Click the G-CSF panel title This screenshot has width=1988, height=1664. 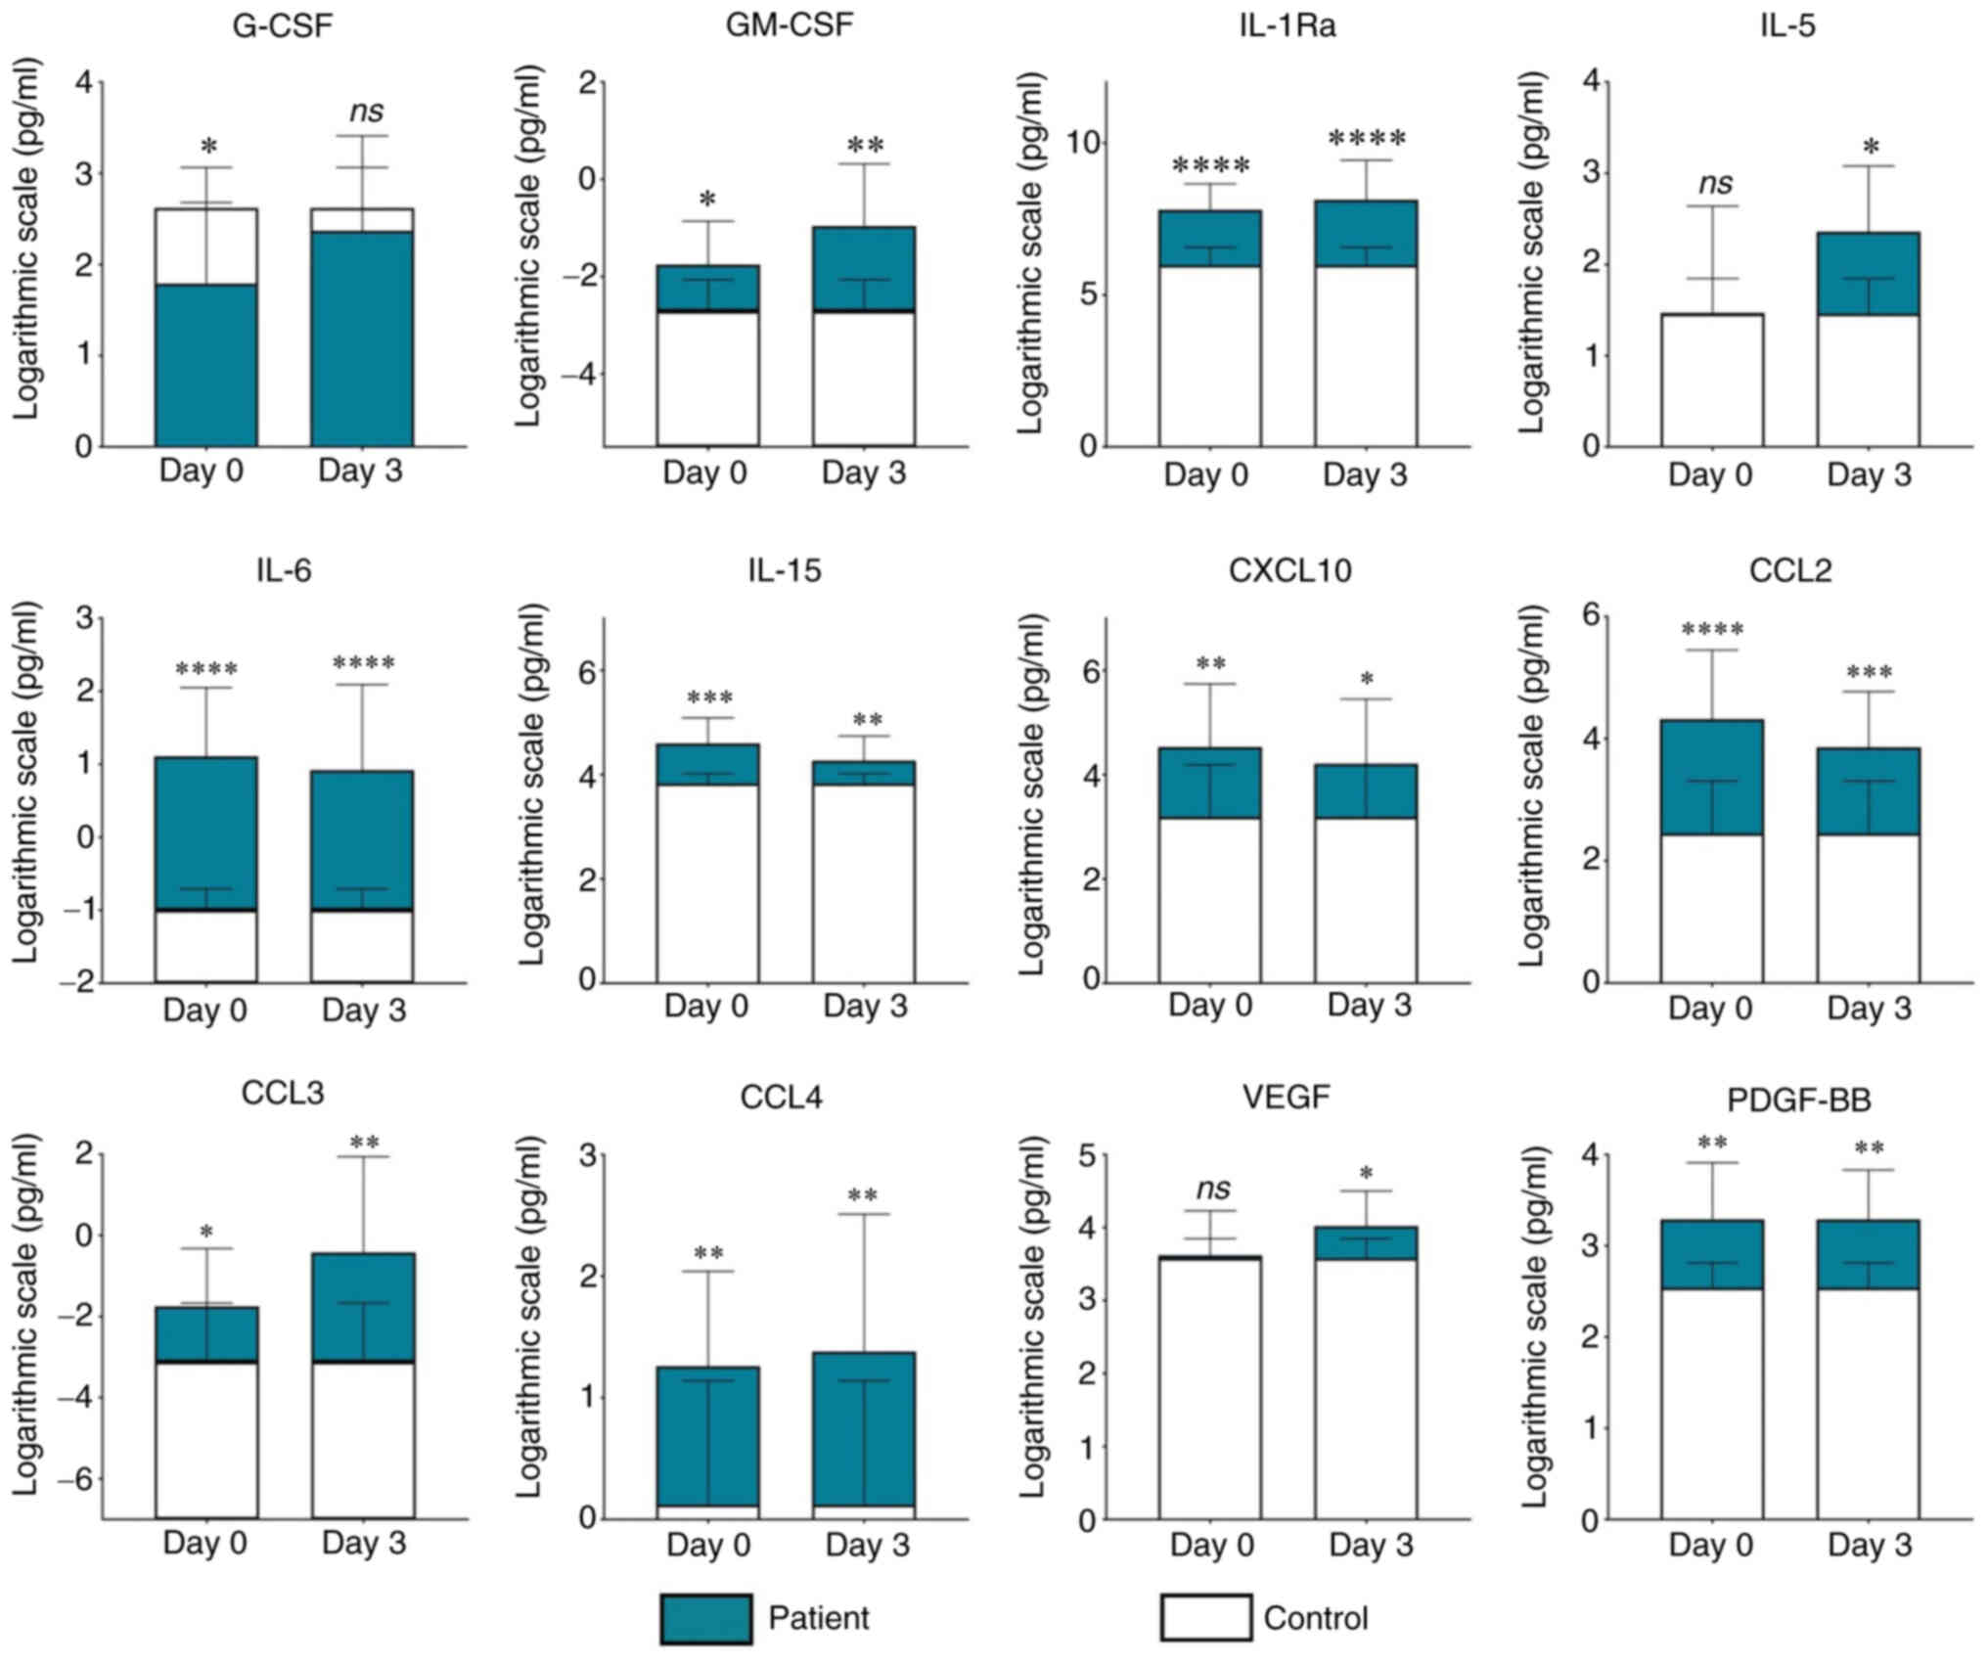[283, 25]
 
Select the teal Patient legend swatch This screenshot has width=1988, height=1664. [706, 1619]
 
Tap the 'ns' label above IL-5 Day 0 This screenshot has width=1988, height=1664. [1714, 183]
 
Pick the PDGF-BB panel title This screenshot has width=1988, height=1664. [1798, 1100]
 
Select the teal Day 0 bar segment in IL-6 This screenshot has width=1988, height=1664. [206, 832]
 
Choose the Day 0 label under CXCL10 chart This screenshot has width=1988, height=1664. [1210, 1005]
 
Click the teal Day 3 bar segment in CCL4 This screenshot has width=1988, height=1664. [864, 1427]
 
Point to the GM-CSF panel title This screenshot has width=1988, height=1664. [789, 25]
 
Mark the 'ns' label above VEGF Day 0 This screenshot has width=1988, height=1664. [1213, 1189]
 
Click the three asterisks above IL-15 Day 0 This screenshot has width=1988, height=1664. [709, 698]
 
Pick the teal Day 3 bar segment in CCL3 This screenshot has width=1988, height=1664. [364, 1307]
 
